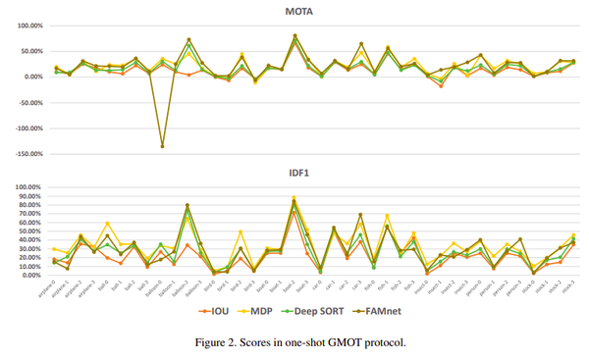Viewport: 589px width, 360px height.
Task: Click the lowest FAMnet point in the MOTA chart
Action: click(162, 146)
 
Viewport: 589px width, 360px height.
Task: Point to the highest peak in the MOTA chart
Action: click(294, 35)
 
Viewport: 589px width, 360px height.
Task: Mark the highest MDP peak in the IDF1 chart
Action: click(294, 197)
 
